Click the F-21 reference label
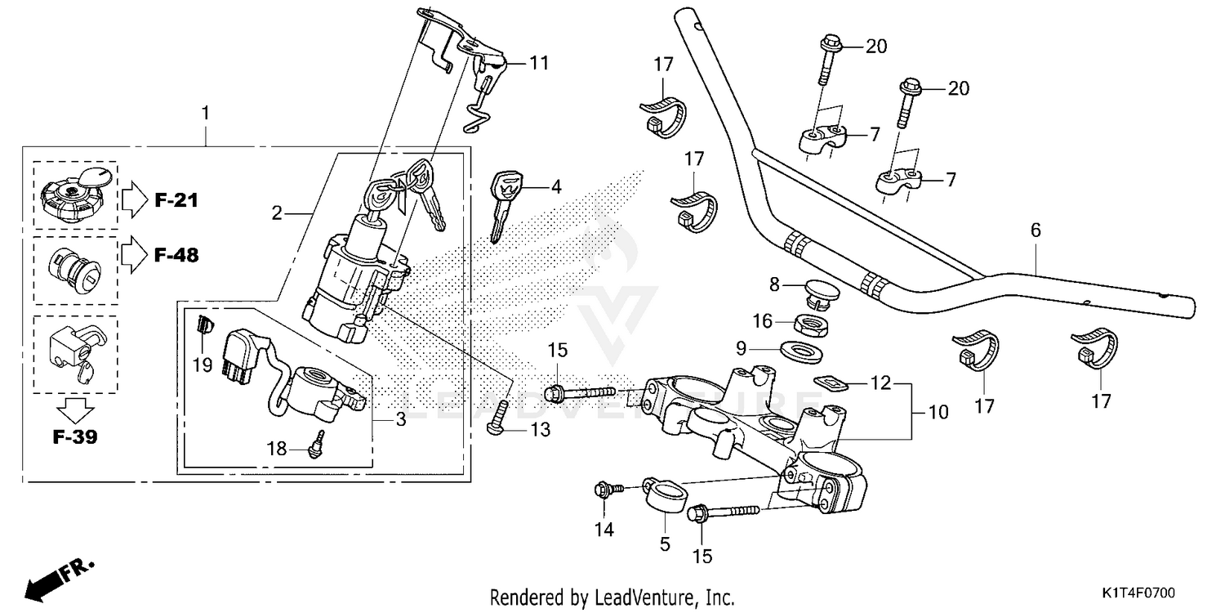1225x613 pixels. click(x=177, y=200)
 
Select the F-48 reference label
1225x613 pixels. click(x=177, y=256)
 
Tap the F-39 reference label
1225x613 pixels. click(x=75, y=437)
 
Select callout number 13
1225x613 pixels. click(x=540, y=429)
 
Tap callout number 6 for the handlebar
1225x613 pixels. click(x=1036, y=231)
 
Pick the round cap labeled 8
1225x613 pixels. click(x=816, y=290)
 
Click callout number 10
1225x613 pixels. click(x=938, y=413)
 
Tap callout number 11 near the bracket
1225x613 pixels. click(x=540, y=62)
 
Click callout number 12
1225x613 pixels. click(x=879, y=383)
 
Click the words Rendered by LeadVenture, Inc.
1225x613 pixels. click(x=612, y=597)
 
